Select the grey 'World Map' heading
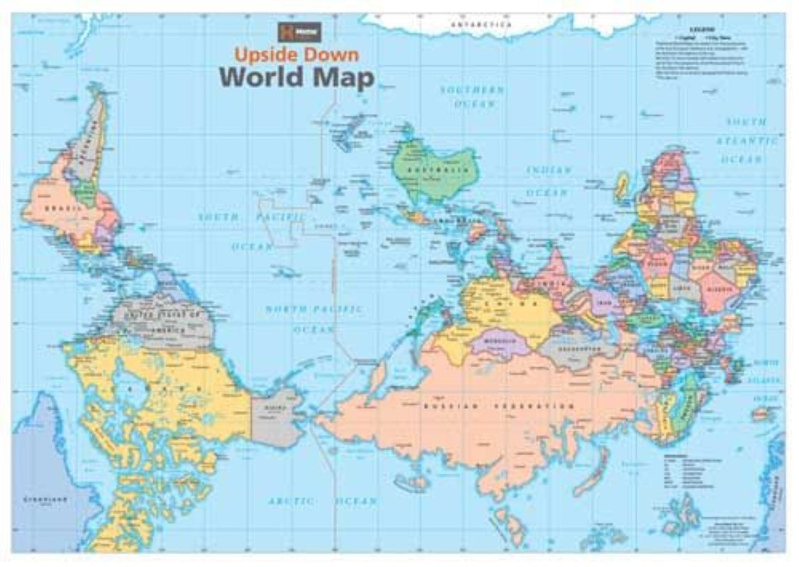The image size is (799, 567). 296,77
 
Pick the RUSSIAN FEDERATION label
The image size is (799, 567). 498,407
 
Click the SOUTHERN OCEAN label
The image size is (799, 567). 472,97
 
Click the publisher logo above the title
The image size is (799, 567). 289,33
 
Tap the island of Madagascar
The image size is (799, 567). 622,186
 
